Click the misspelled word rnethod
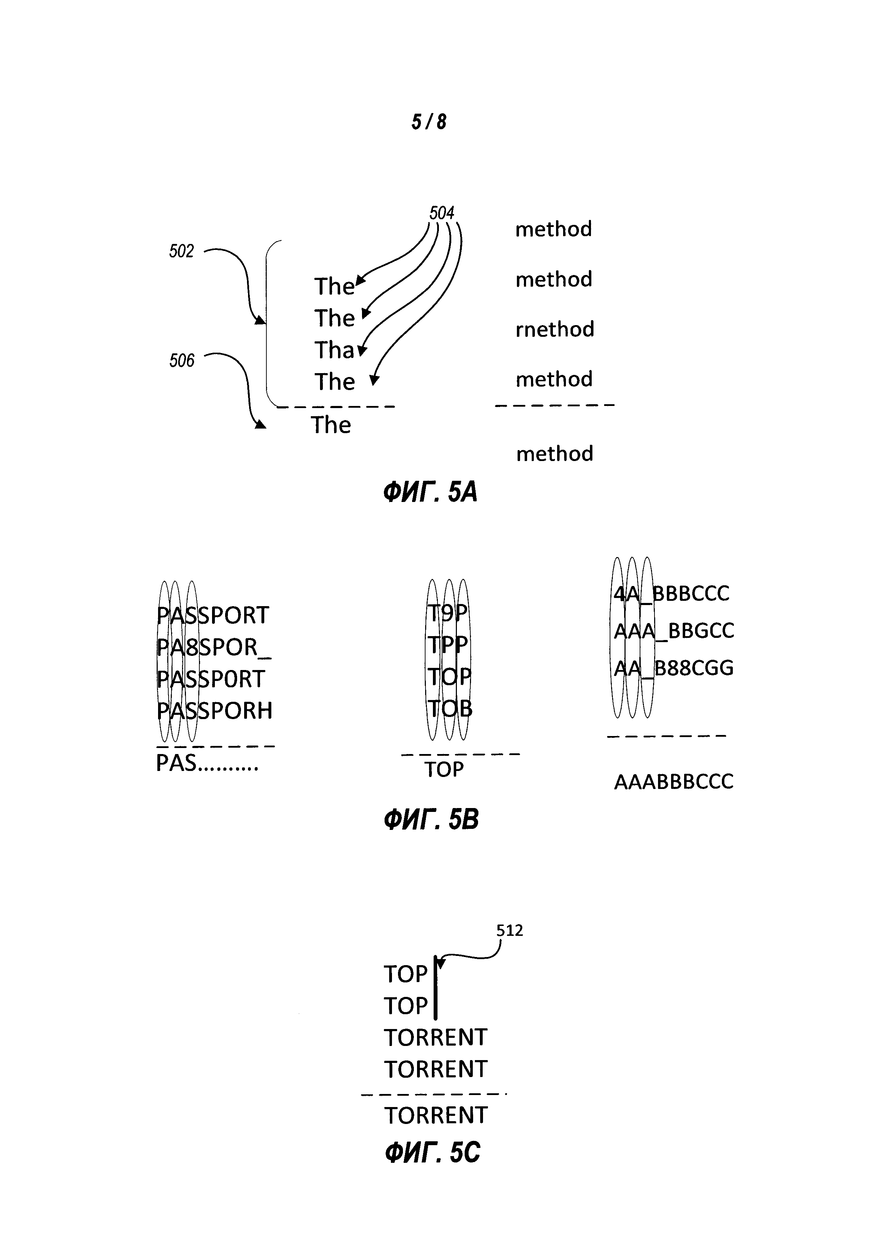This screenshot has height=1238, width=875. click(x=554, y=329)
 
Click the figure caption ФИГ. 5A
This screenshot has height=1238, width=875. click(x=430, y=492)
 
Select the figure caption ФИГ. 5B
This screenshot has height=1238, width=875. click(x=431, y=820)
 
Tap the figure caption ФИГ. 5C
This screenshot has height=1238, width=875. click(x=432, y=1153)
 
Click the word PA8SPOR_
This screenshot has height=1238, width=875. click(x=213, y=647)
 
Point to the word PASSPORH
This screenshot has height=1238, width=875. click(x=214, y=711)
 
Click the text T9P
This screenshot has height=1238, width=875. click(x=447, y=613)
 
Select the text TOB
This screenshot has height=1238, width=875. click(x=449, y=708)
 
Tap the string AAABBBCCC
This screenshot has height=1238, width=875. click(x=674, y=782)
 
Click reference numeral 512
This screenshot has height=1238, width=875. click(x=509, y=931)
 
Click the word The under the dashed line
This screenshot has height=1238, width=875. click(x=331, y=425)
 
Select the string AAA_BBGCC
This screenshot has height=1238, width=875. click(x=674, y=631)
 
